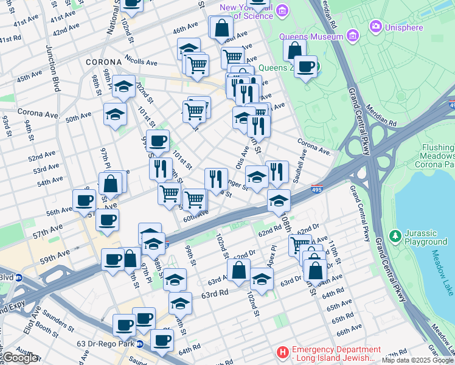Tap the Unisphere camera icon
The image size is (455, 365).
pos(375,26)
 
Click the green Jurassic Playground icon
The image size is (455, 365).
pos(394,235)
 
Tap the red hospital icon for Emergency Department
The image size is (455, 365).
pos(282,352)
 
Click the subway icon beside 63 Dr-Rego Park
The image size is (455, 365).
pos(139,344)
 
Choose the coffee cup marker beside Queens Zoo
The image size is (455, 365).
pos(306,66)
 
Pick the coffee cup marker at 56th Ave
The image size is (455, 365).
pos(84,200)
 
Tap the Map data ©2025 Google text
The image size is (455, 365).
pos(417,360)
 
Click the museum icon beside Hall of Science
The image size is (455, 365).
pos(282,10)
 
